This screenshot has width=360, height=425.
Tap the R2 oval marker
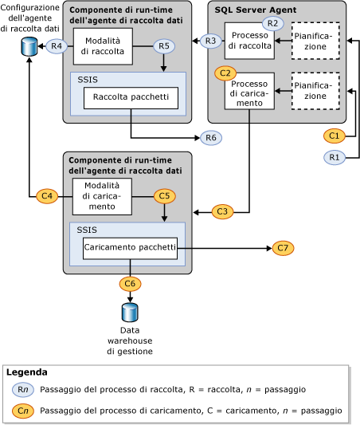tap(273, 23)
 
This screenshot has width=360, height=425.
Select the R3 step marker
tap(210, 41)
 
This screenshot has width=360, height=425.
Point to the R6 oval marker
tap(210, 138)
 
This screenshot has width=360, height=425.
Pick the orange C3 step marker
tap(223, 211)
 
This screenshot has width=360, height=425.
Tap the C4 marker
tap(47, 195)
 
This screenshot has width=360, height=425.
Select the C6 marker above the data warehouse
tap(130, 283)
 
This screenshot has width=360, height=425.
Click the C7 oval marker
tap(283, 248)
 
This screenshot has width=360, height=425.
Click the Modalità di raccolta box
tap(103, 46)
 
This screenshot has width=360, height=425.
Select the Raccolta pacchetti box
tap(131, 98)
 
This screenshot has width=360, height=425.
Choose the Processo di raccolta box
tap(248, 41)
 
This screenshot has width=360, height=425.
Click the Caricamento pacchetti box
tap(131, 248)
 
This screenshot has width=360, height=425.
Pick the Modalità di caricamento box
tap(102, 196)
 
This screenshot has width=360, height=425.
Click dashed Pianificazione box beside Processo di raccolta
tap(315, 41)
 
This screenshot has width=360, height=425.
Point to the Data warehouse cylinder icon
tap(130, 312)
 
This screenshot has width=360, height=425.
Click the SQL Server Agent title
tap(256, 10)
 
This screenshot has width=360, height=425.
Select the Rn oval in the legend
tap(23, 390)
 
